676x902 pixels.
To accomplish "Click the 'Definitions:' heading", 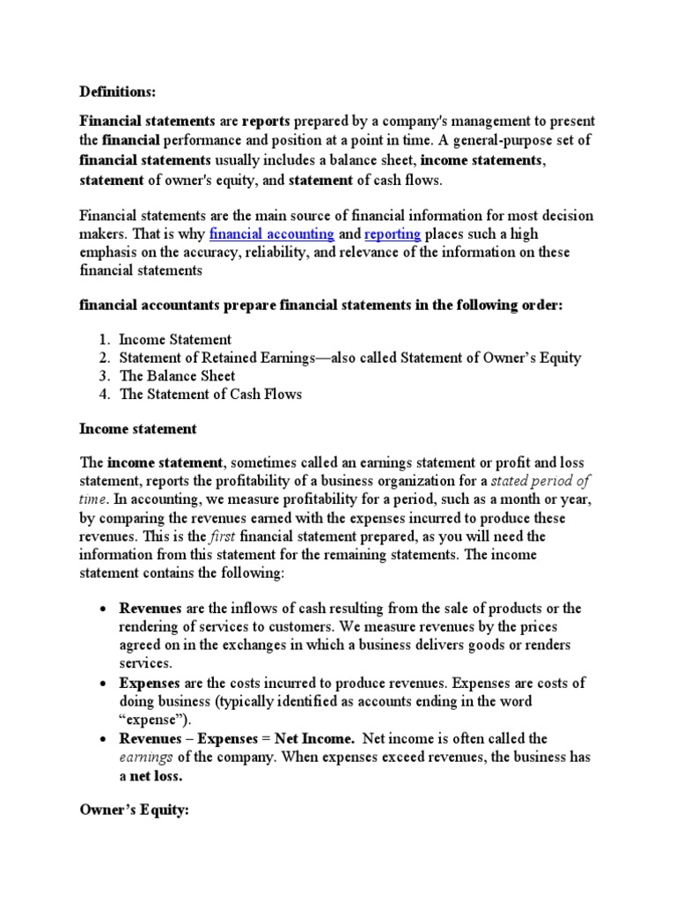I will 119,91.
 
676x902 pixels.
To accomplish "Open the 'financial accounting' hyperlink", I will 271,233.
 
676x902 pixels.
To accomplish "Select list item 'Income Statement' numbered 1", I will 175,339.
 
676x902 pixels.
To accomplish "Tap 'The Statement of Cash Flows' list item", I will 210,394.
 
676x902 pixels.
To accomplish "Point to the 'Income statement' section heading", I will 138,429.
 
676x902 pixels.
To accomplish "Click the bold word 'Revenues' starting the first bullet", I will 151,609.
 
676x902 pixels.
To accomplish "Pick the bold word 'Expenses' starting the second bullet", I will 150,683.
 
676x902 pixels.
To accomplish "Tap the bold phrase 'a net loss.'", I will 151,775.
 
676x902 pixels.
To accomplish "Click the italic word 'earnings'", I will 147,757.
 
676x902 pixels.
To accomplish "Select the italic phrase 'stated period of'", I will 540,481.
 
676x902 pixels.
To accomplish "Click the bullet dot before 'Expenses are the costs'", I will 102,684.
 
